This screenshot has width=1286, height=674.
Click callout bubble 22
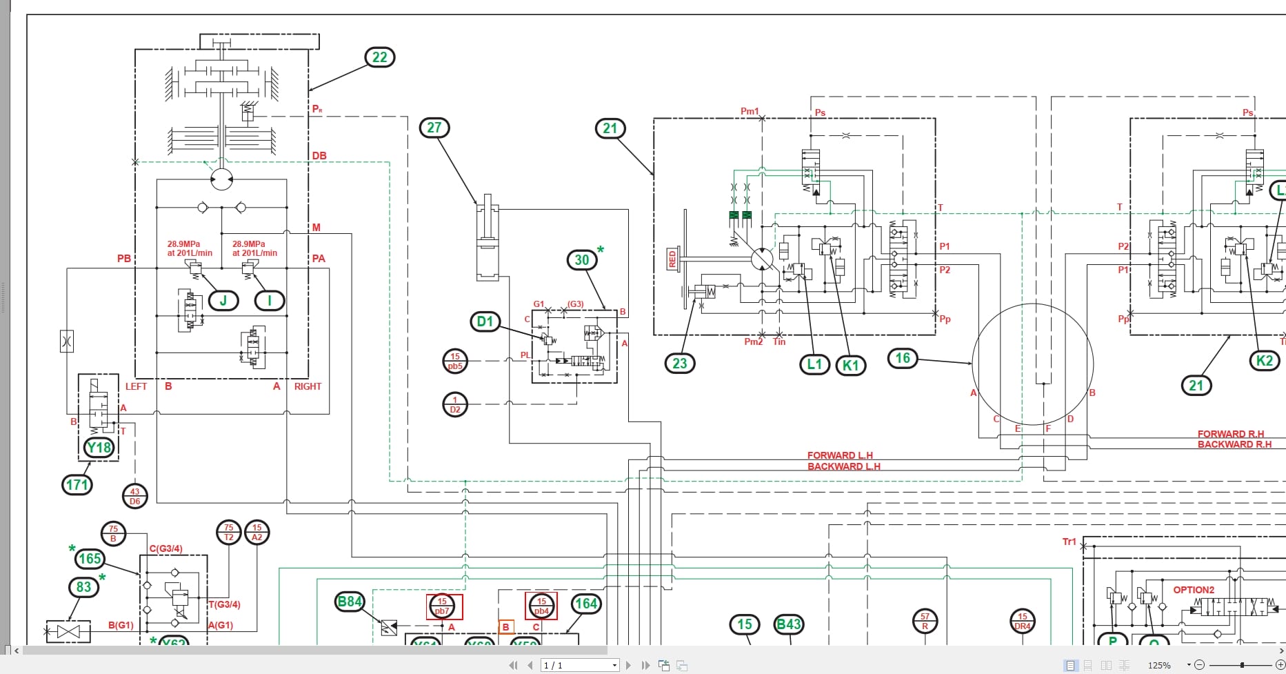379,57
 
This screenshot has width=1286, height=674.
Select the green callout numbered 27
434,128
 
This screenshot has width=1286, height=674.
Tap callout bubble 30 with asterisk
583,259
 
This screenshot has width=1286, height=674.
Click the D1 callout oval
485,321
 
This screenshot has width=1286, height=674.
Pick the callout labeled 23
680,364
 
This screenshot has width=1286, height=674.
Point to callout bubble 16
903,358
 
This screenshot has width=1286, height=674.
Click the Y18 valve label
99,448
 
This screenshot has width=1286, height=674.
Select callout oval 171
77,484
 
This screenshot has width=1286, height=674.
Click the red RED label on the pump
672,259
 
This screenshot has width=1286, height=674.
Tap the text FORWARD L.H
840,455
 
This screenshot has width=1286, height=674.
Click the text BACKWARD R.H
1234,444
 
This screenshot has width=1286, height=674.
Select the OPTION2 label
1194,590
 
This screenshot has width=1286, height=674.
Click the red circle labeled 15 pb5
454,361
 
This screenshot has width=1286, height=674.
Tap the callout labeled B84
349,602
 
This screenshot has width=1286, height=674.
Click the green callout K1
851,366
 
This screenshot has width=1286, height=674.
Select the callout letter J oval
223,301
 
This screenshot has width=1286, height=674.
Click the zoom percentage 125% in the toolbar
1159,665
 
